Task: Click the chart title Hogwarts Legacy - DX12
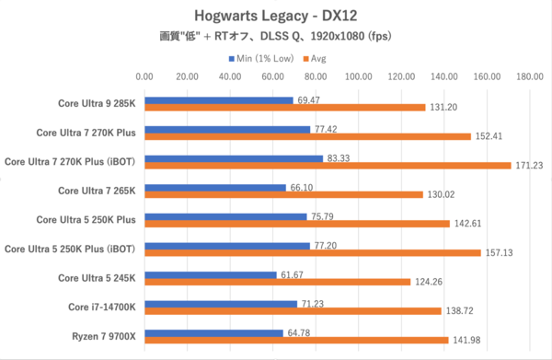tap(276, 15)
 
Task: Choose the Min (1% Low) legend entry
tap(261, 58)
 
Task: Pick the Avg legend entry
tap(318, 58)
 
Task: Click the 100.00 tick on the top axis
tap(358, 77)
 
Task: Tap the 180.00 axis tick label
tap(529, 77)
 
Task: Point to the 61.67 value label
tap(294, 274)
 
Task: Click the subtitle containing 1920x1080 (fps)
tap(276, 37)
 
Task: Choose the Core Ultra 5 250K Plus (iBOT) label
tap(71, 249)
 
